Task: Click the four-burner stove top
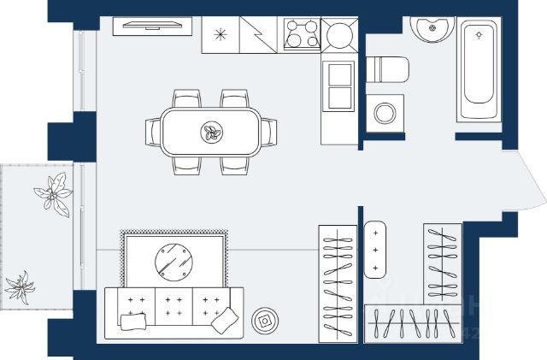click(x=301, y=35)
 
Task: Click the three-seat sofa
click(x=174, y=312)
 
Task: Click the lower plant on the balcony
click(x=20, y=286)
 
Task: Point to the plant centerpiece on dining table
click(x=210, y=133)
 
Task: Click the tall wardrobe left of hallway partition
click(x=338, y=282)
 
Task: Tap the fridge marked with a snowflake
click(x=221, y=35)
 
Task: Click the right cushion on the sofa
click(x=224, y=320)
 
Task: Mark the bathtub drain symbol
click(x=480, y=35)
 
